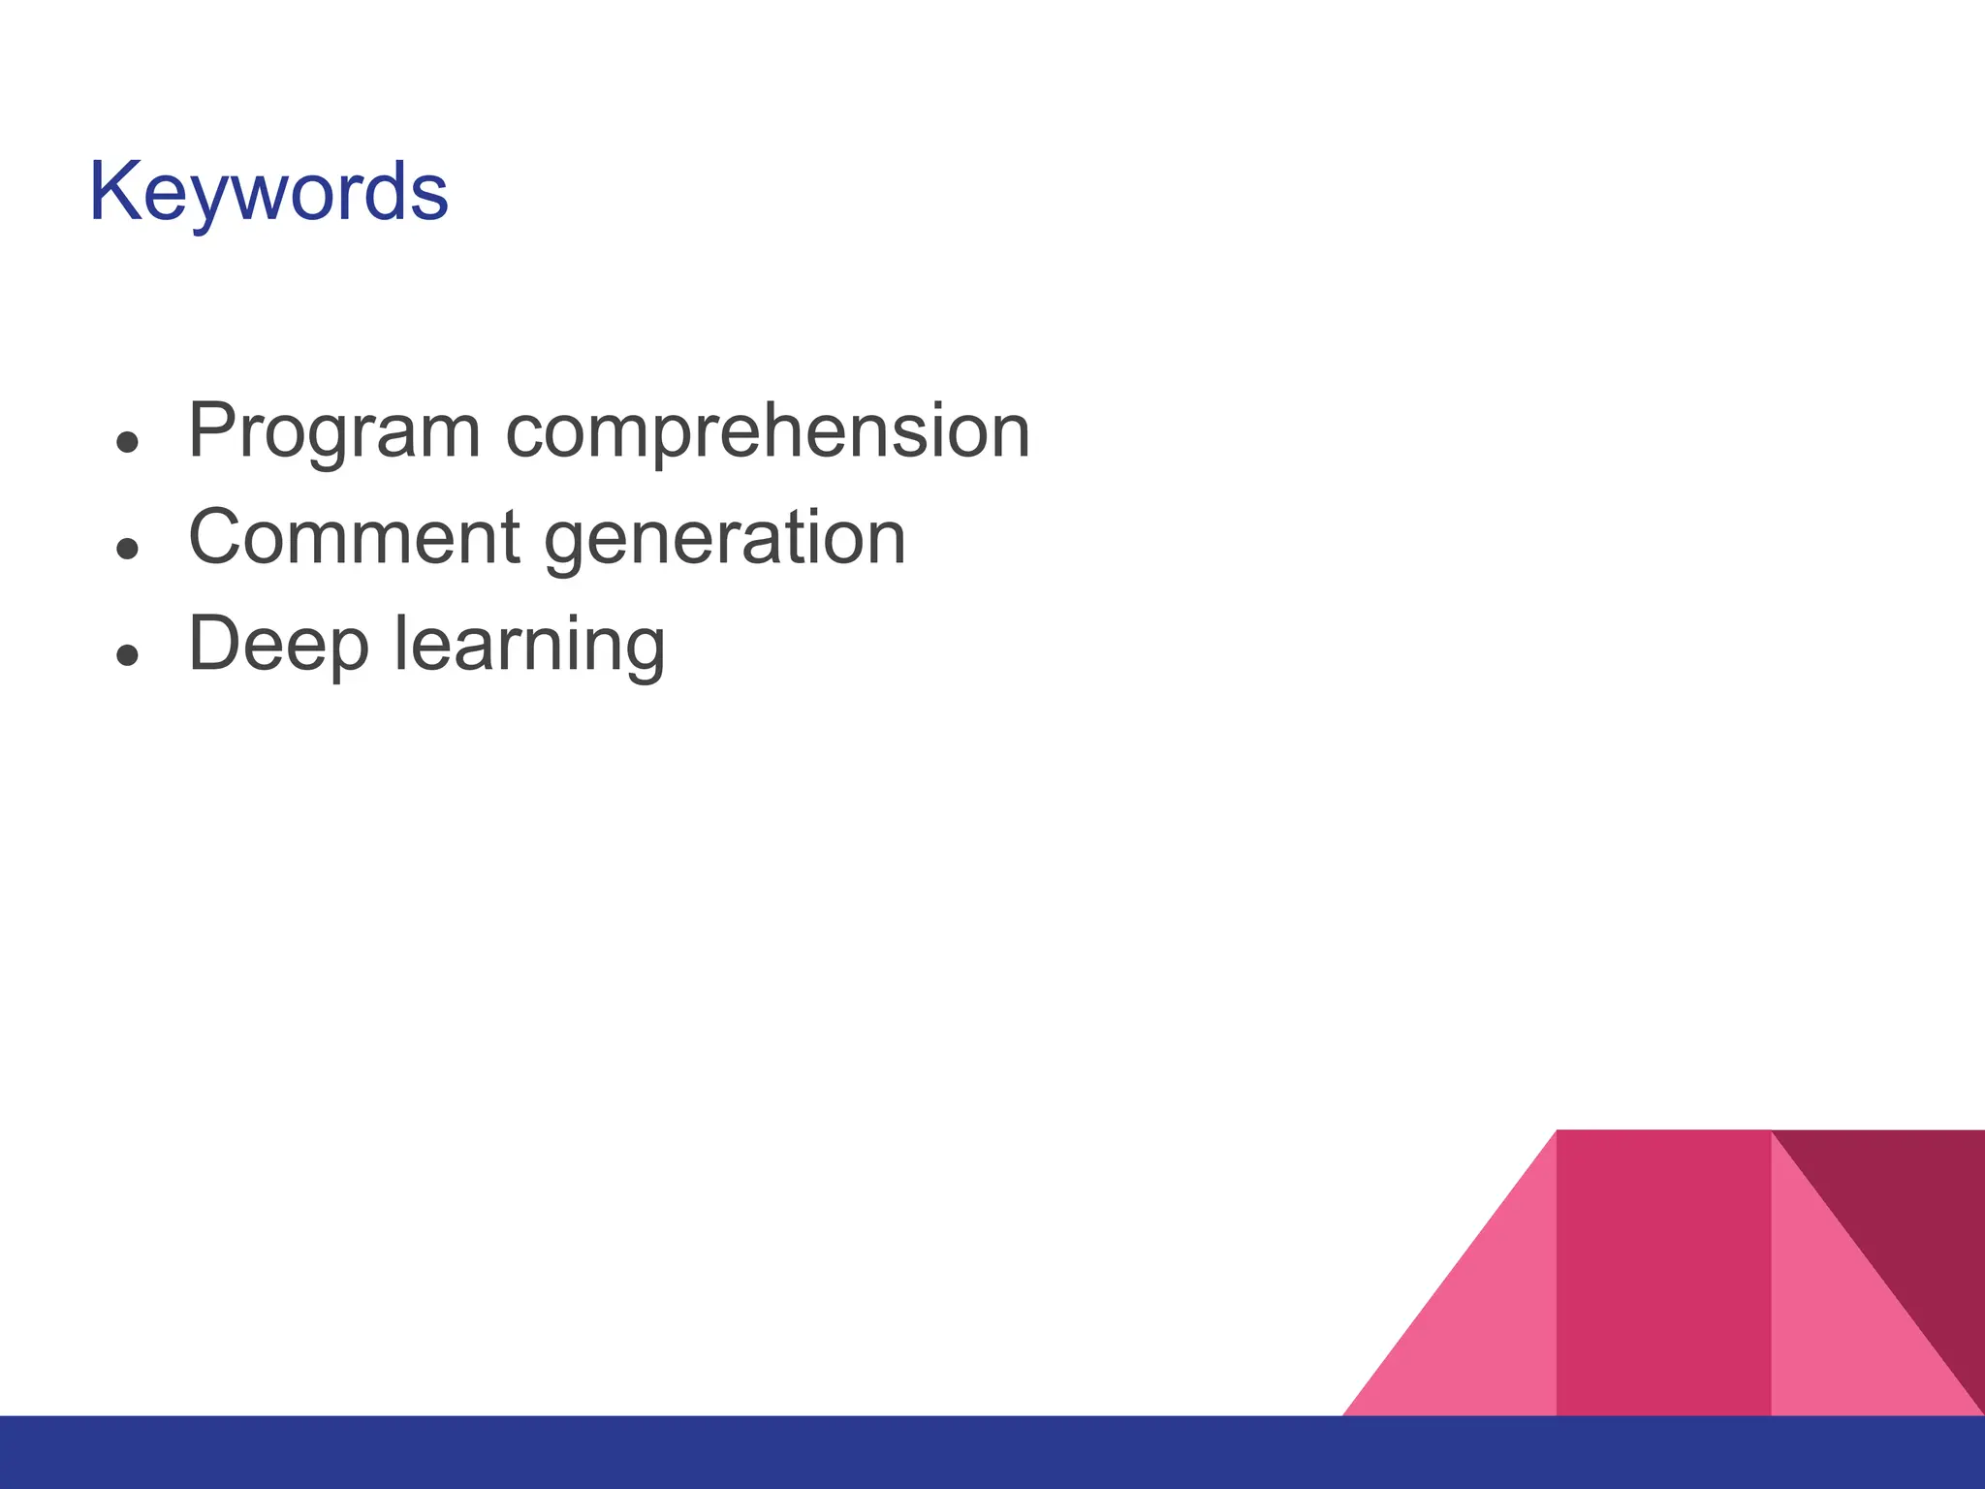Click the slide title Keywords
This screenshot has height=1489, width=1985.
(268, 192)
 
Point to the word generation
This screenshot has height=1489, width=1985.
(725, 539)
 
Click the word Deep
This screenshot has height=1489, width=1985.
(278, 645)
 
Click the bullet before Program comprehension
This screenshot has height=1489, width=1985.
(127, 443)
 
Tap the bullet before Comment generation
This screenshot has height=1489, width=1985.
(127, 550)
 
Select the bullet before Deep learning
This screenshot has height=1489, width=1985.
(127, 656)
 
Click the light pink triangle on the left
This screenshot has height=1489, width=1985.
(1483, 1338)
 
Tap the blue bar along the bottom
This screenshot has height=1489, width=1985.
(992, 1452)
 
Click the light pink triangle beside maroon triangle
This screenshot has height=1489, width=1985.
(1832, 1347)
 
